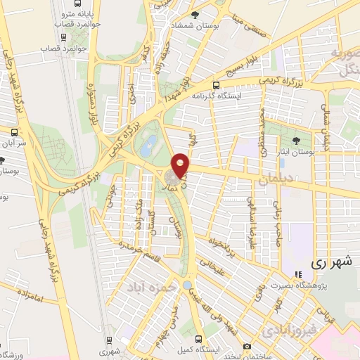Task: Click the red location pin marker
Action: [181, 165]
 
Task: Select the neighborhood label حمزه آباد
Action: [149, 288]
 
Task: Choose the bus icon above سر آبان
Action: [13, 131]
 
